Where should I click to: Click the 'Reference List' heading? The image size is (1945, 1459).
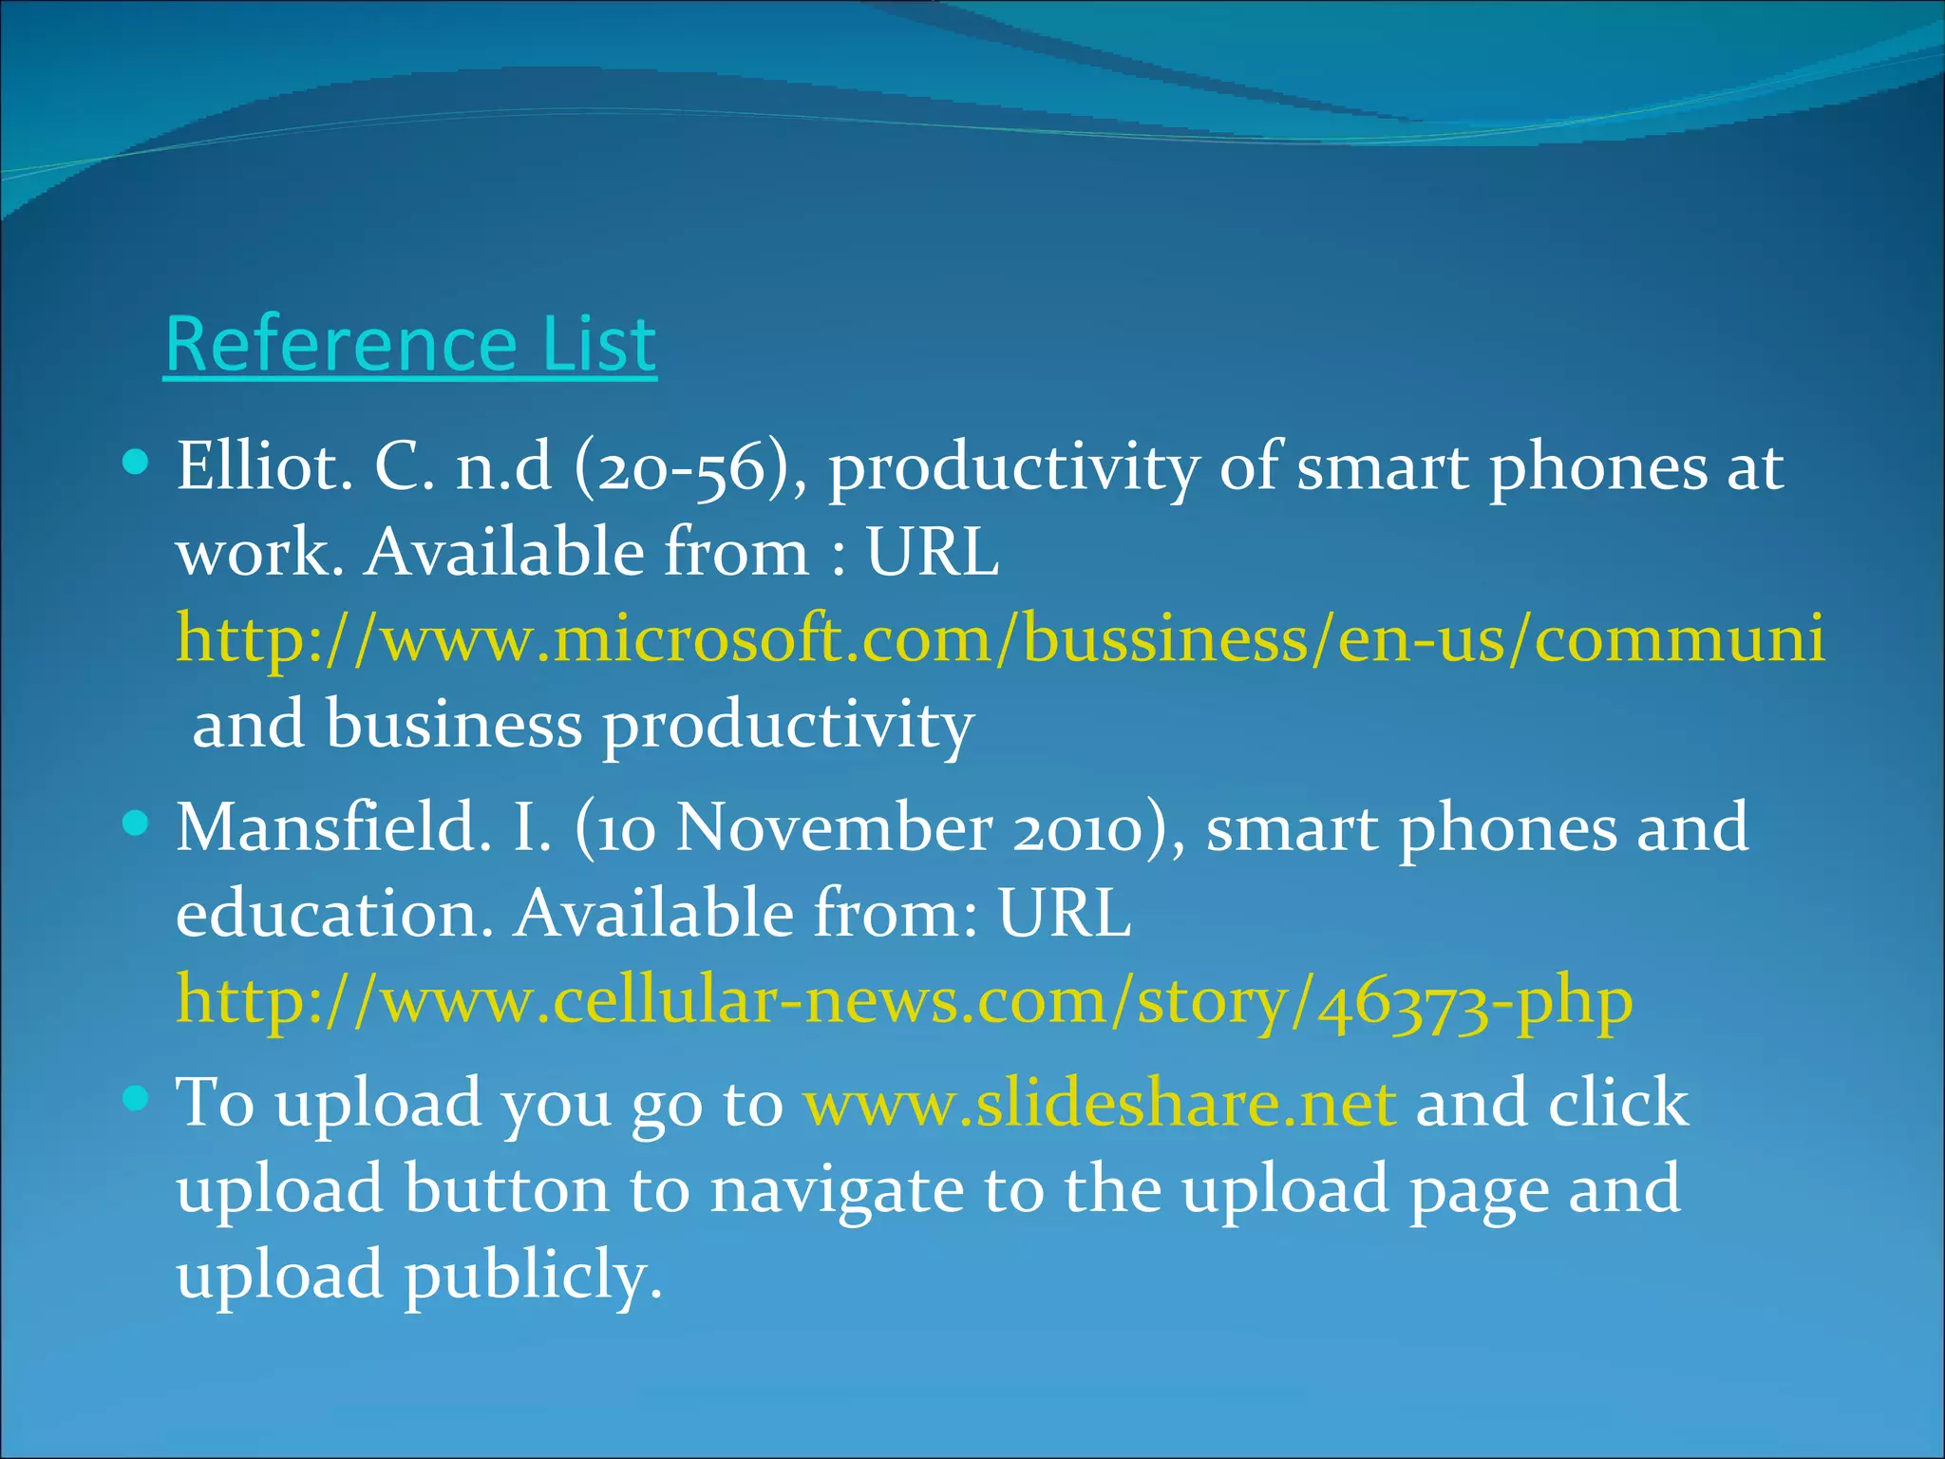(x=410, y=344)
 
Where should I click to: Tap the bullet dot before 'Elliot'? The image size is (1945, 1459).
(x=137, y=463)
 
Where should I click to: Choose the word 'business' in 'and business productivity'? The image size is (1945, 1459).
(x=454, y=725)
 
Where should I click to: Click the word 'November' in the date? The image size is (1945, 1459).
(x=834, y=827)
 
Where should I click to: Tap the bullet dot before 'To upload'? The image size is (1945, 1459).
(x=137, y=1099)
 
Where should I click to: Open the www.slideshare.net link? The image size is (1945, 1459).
(x=1100, y=1104)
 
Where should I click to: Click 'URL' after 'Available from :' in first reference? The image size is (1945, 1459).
(x=933, y=552)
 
